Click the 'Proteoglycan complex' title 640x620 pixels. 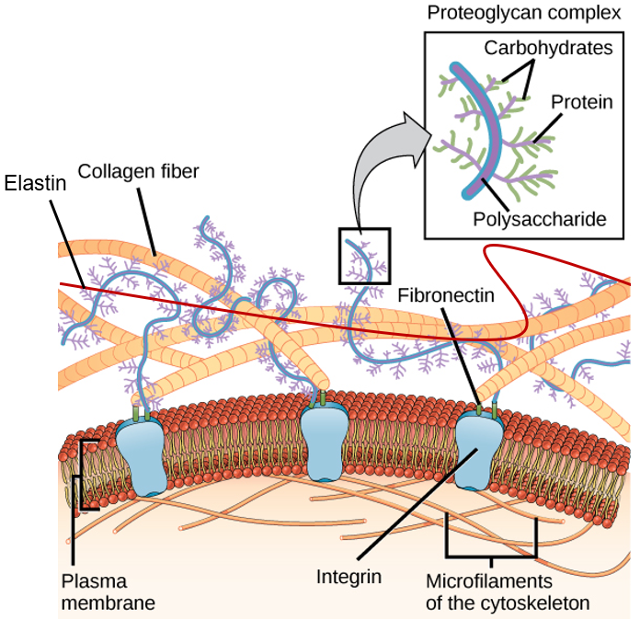[x=523, y=13]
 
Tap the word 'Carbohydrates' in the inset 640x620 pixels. [x=548, y=48]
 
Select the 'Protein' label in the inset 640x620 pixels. [x=582, y=102]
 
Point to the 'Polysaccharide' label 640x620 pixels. [x=540, y=219]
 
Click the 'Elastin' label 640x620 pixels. [x=35, y=183]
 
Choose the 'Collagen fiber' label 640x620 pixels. [x=138, y=171]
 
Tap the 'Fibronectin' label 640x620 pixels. [x=446, y=295]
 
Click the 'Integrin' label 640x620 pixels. [x=349, y=577]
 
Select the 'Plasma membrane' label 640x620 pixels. [x=109, y=592]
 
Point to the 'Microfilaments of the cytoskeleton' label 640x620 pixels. [x=508, y=592]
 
